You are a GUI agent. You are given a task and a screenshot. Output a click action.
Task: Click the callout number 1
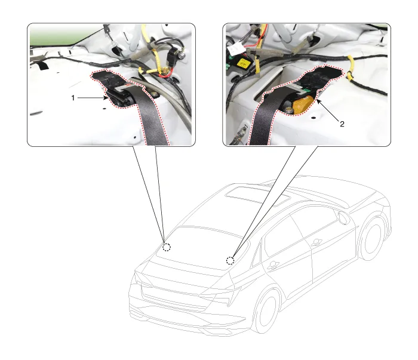pyautogui.click(x=73, y=98)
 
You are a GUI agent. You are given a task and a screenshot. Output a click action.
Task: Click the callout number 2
pyautogui.click(x=342, y=124)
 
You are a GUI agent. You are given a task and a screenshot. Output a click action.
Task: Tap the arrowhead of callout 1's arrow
pyautogui.click(x=106, y=98)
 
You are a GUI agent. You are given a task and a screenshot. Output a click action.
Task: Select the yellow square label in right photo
pyautogui.click(x=242, y=64)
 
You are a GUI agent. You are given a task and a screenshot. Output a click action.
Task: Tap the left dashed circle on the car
pyautogui.click(x=167, y=247)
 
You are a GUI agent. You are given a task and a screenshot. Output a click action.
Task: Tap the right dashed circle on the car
pyautogui.click(x=230, y=261)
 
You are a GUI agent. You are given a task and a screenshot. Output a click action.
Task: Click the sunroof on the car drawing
pyautogui.click(x=257, y=196)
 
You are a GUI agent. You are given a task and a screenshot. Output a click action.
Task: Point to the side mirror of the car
pyautogui.click(x=344, y=218)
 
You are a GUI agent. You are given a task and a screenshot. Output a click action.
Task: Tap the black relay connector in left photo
pyautogui.click(x=171, y=58)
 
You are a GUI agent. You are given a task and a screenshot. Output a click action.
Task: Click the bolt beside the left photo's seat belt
pyautogui.click(x=154, y=94)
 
